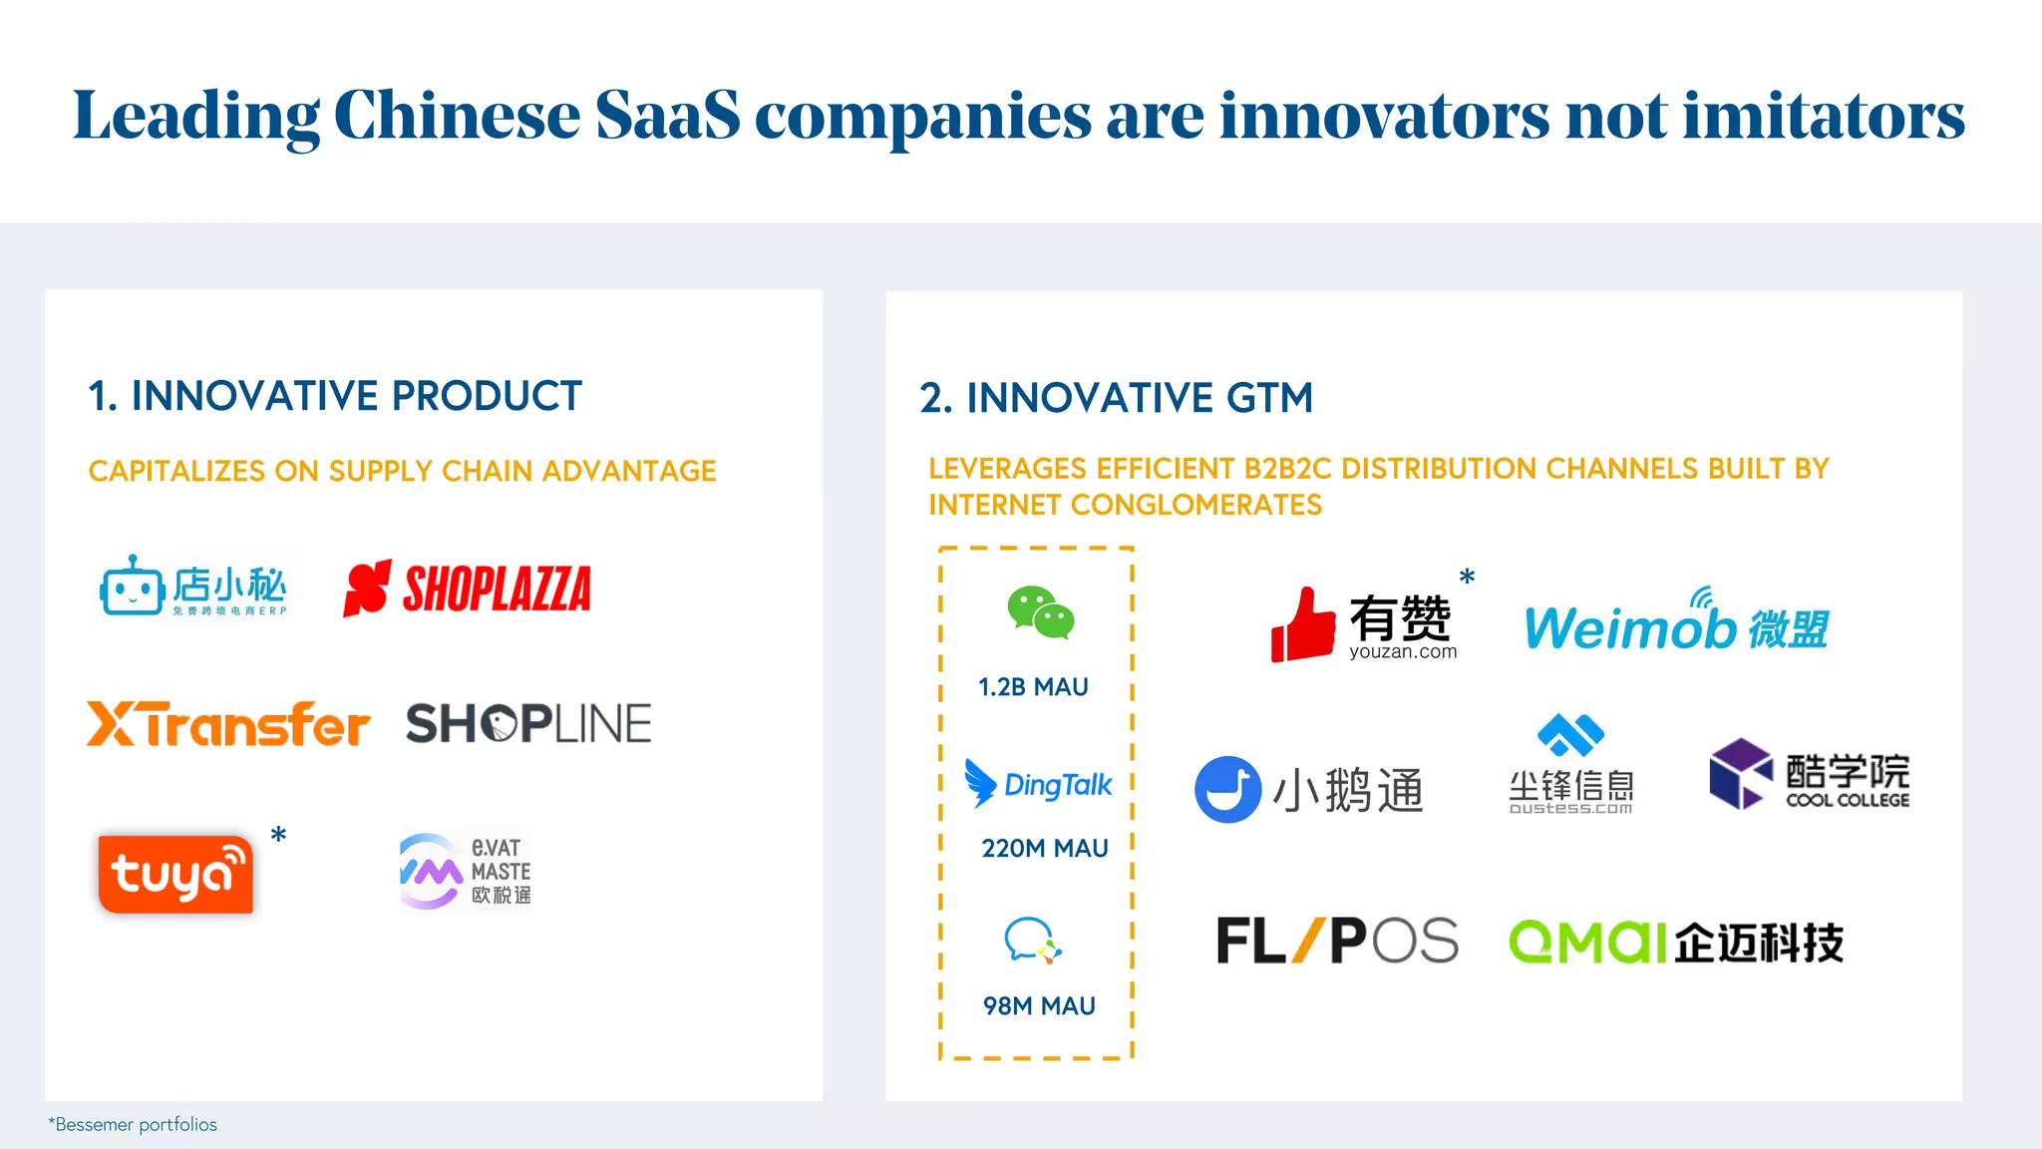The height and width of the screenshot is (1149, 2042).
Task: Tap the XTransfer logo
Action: [x=228, y=724]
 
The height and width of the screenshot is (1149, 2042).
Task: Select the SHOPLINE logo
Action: [x=528, y=724]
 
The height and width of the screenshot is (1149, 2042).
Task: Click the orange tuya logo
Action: [x=175, y=875]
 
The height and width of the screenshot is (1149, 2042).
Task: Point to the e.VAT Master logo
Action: [x=465, y=871]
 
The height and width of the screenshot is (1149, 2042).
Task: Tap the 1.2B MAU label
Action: [x=1033, y=687]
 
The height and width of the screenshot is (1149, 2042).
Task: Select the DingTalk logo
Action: [x=1038, y=785]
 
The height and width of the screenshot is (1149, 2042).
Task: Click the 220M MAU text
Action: [x=1044, y=849]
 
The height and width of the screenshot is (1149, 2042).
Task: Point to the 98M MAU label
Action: [x=1039, y=1006]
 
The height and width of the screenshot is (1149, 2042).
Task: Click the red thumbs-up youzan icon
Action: [x=1302, y=625]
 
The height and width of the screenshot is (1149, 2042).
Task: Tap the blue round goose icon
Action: [x=1227, y=789]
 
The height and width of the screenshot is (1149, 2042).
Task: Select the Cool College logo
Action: [x=1809, y=775]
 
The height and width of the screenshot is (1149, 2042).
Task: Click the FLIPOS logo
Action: [x=1337, y=941]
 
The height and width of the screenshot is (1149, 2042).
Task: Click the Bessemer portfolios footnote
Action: [x=133, y=1125]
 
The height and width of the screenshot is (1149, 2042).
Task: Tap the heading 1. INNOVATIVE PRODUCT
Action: [x=335, y=396]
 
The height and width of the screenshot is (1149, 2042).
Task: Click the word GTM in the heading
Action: [x=1269, y=398]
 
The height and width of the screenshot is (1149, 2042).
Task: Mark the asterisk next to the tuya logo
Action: [x=279, y=834]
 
